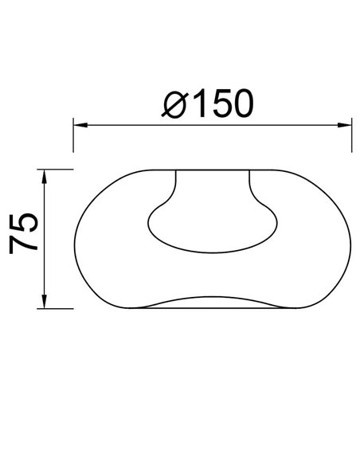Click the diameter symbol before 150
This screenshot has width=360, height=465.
point(175,104)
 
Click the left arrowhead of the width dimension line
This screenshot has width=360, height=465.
point(79,124)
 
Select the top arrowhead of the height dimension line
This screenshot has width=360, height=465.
point(45,174)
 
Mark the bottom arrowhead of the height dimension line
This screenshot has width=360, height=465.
point(45,303)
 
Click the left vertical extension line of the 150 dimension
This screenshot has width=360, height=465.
point(73,135)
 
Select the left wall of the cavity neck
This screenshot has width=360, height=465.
point(174,187)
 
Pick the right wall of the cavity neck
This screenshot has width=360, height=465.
point(250,187)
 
